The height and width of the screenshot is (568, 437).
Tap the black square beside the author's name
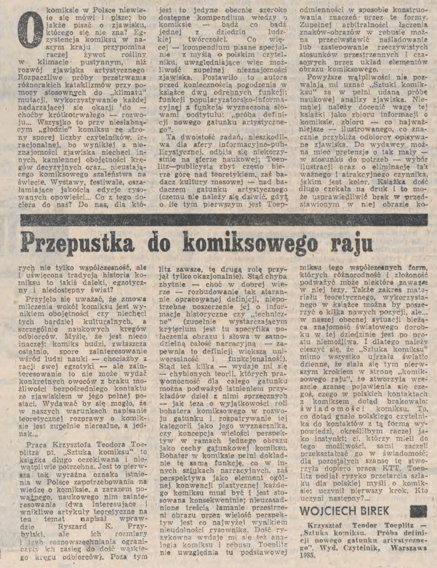coord(418,511)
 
